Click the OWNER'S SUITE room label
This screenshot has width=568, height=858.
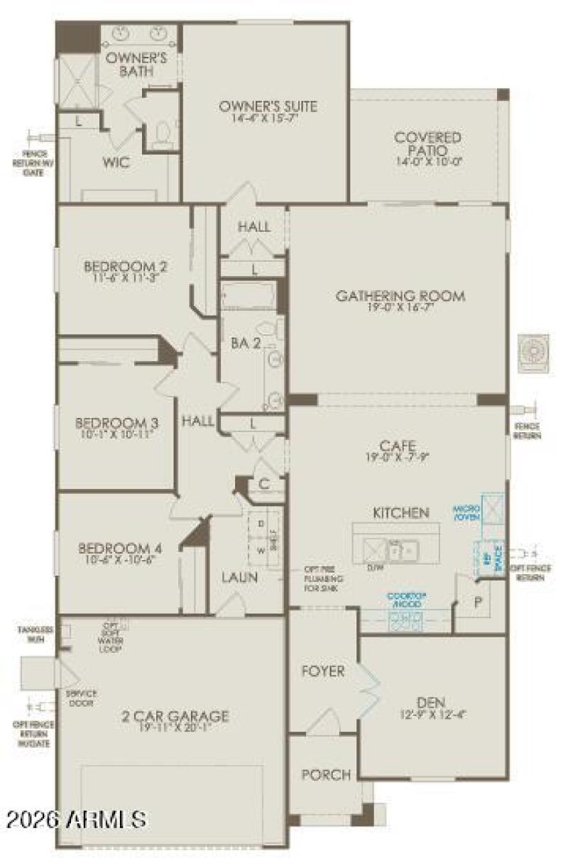268,107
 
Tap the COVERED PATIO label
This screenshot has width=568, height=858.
427,143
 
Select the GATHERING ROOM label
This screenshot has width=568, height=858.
400,296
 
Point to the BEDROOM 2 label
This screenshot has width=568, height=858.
126,267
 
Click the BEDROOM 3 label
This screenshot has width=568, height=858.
117,423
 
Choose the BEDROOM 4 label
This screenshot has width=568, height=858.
120,548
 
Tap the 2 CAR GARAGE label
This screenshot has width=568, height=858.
174,715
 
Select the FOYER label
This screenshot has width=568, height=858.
323,671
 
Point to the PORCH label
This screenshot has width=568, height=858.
326,774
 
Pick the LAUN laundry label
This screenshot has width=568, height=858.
239,577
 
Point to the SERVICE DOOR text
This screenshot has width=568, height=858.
82,698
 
